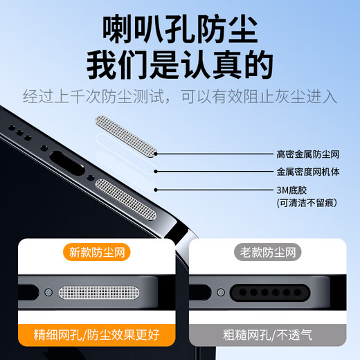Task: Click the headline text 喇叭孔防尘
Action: tap(179, 30)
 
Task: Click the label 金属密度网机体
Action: tap(308, 172)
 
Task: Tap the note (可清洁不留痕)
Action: tap(307, 203)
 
